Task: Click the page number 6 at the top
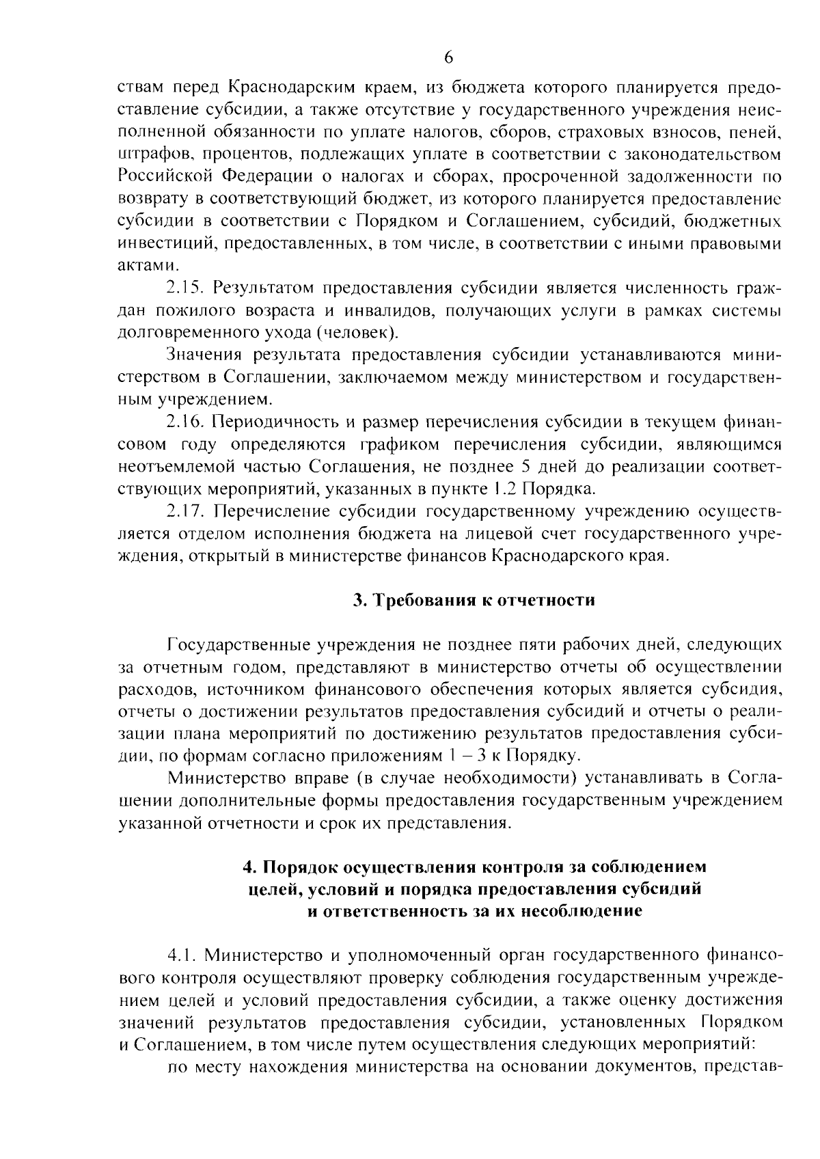click(x=448, y=57)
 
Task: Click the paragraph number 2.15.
click(x=184, y=288)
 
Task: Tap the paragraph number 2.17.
click(x=184, y=511)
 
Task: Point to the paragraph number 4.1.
click(x=181, y=954)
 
